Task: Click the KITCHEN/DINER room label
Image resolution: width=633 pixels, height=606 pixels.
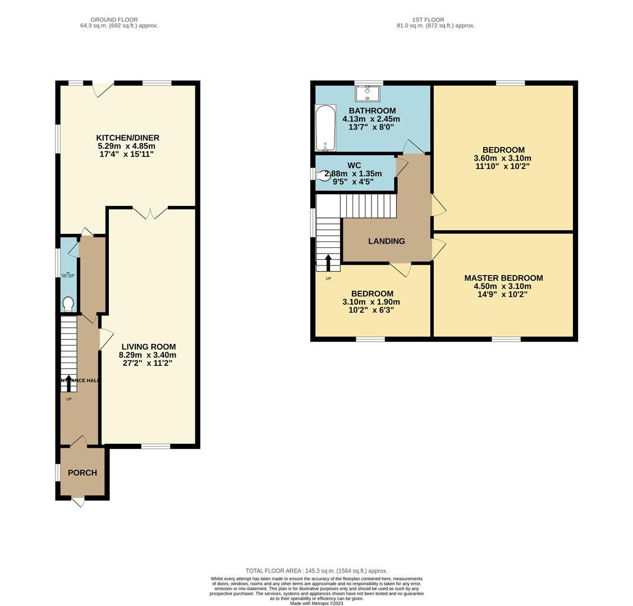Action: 127,137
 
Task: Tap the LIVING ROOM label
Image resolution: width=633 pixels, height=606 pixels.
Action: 148,347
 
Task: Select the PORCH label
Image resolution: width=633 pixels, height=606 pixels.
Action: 82,472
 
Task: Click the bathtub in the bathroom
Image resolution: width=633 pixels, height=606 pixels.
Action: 325,128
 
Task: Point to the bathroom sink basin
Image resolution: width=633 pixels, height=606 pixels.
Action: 368,93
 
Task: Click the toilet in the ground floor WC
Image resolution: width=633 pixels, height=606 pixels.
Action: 68,304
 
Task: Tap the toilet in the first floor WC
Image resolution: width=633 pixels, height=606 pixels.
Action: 324,175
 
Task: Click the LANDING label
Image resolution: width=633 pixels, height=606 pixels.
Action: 386,241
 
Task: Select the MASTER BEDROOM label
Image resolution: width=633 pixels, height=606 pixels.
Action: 503,278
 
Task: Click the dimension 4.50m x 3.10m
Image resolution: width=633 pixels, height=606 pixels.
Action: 502,286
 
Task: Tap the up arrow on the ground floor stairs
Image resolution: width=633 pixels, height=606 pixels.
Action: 69,382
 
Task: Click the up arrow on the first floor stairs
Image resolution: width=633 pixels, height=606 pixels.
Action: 328,262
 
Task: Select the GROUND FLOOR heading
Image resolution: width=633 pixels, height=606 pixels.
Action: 114,20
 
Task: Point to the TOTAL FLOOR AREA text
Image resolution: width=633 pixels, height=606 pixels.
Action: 316,571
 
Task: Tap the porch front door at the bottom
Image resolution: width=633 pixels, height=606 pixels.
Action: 78,501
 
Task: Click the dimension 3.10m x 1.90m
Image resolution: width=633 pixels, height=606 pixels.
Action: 371,302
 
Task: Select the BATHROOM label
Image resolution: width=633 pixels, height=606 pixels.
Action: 372,111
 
